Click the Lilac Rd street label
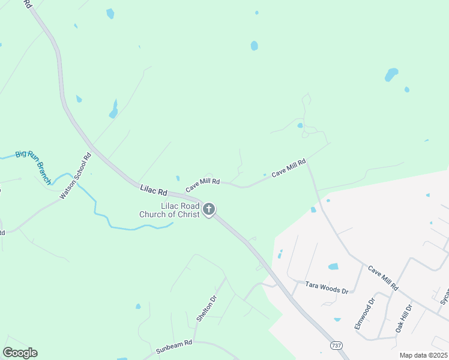tap(153, 190)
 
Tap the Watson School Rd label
tap(76, 176)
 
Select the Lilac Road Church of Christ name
tap(169, 210)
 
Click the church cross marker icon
tap(209, 209)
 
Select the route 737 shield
tap(336, 346)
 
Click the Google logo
tap(20, 353)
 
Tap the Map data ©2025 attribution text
tap(423, 355)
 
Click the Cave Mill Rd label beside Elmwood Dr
tap(383, 278)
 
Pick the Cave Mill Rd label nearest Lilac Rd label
tap(203, 185)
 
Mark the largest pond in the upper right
tap(391, 74)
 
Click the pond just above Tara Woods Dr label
tap(333, 266)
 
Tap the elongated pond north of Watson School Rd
tap(113, 109)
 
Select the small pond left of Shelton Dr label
tap(138, 306)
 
